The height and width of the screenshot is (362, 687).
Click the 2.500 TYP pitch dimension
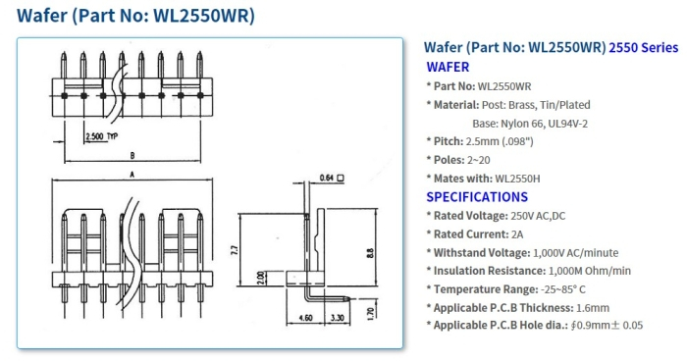101,135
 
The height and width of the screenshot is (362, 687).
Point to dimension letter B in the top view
132,155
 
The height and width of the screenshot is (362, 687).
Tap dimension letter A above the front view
132,174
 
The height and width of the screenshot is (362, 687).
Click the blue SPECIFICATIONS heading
476,197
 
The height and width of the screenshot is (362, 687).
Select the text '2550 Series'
643,47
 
